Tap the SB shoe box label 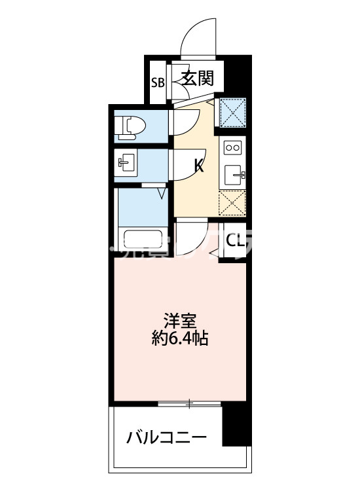158,82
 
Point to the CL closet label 235,241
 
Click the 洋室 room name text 179,322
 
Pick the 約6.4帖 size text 179,339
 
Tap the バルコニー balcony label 167,435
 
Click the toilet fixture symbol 130,126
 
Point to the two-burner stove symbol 233,147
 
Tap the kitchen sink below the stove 234,175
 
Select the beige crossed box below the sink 232,203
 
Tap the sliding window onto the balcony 190,404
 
